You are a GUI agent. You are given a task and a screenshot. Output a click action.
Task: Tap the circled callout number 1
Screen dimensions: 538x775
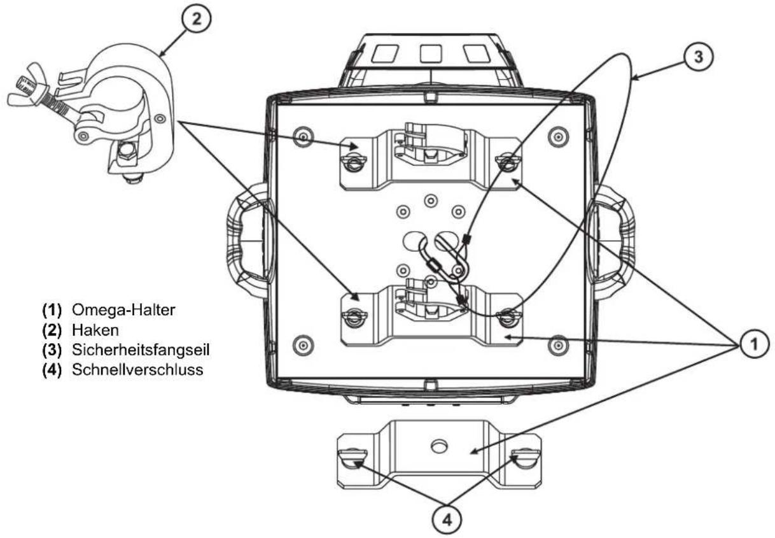pos(753,344)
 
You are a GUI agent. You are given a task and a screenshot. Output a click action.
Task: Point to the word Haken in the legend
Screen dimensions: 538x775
pos(90,329)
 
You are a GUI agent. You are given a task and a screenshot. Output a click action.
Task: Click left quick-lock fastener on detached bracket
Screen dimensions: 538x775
pos(354,457)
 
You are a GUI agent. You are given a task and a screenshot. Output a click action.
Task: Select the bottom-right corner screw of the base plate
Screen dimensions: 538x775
pos(558,344)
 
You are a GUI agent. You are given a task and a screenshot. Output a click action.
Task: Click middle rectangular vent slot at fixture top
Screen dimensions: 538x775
pos(431,54)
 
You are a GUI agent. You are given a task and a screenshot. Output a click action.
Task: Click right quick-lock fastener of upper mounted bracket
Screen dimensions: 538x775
pos(508,162)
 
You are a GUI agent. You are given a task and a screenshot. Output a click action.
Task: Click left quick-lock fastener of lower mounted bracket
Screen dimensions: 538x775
pos(351,315)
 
